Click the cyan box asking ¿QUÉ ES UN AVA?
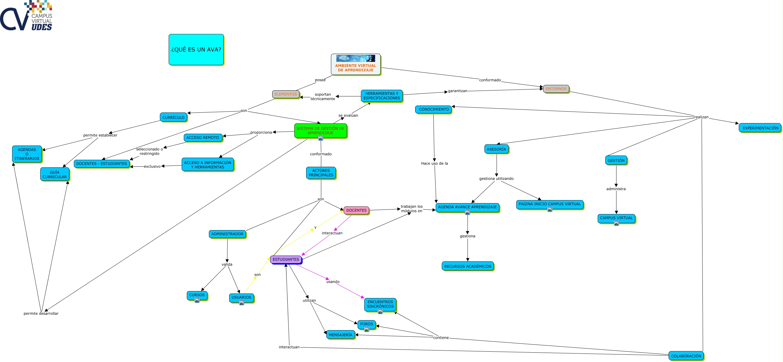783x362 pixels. [x=196, y=49]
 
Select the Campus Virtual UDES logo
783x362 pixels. [x=26, y=15]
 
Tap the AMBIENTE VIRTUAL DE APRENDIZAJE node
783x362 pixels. [x=356, y=64]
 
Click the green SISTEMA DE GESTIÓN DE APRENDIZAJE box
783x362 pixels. [x=320, y=131]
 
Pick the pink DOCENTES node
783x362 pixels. [x=356, y=210]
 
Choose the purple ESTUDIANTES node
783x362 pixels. [x=286, y=260]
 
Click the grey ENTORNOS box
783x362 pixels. [x=556, y=89]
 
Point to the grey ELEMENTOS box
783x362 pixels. [x=286, y=94]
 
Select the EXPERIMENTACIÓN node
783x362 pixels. [x=760, y=128]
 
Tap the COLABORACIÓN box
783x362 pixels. [x=686, y=356]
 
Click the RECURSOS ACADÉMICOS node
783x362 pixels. [x=467, y=266]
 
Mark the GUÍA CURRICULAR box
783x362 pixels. [x=55, y=174]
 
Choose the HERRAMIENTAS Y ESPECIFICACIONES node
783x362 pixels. [x=382, y=96]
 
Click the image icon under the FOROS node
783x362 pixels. [x=367, y=329]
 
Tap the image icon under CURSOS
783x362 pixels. [x=197, y=300]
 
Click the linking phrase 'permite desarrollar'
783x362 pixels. [x=41, y=313]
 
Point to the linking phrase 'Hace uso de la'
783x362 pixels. [x=434, y=163]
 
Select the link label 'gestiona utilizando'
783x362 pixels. [x=496, y=179]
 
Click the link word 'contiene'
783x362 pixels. [x=441, y=338]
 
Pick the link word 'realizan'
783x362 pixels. [x=701, y=117]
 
